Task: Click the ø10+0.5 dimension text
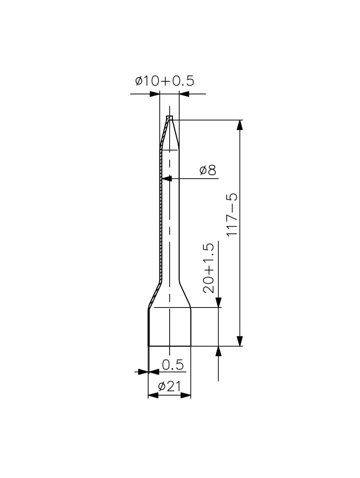164,81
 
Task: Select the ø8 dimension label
208,170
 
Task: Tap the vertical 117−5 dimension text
232,214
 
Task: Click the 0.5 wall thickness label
173,364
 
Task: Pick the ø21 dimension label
169,386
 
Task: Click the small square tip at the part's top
170,118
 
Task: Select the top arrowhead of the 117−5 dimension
239,125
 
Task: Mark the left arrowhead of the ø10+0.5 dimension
154,94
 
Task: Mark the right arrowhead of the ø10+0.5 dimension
184,94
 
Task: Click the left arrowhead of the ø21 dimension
153,395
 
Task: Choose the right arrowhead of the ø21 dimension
186,395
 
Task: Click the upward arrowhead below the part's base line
218,351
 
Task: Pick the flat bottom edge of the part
170,346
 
